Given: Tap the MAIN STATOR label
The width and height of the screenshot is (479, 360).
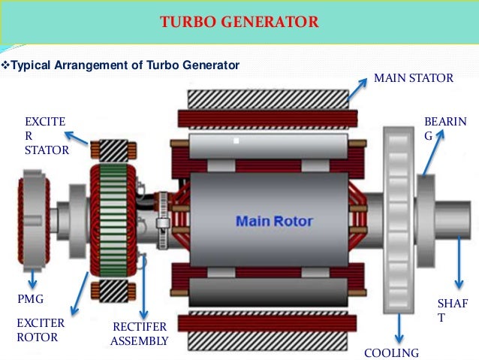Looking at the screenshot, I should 414,78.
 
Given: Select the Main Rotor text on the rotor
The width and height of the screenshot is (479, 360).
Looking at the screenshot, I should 274,222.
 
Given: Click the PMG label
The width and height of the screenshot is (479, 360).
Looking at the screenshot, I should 30,299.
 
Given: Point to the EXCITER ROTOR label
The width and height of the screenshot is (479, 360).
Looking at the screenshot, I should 41,330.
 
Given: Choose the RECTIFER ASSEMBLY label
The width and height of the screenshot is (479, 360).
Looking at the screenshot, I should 139,334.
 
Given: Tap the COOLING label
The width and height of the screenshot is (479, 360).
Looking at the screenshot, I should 391,353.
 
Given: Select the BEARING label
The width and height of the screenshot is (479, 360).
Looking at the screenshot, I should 444,129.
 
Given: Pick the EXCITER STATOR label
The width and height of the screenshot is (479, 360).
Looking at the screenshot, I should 47,135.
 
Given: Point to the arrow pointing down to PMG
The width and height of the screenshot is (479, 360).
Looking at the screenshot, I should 33,279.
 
